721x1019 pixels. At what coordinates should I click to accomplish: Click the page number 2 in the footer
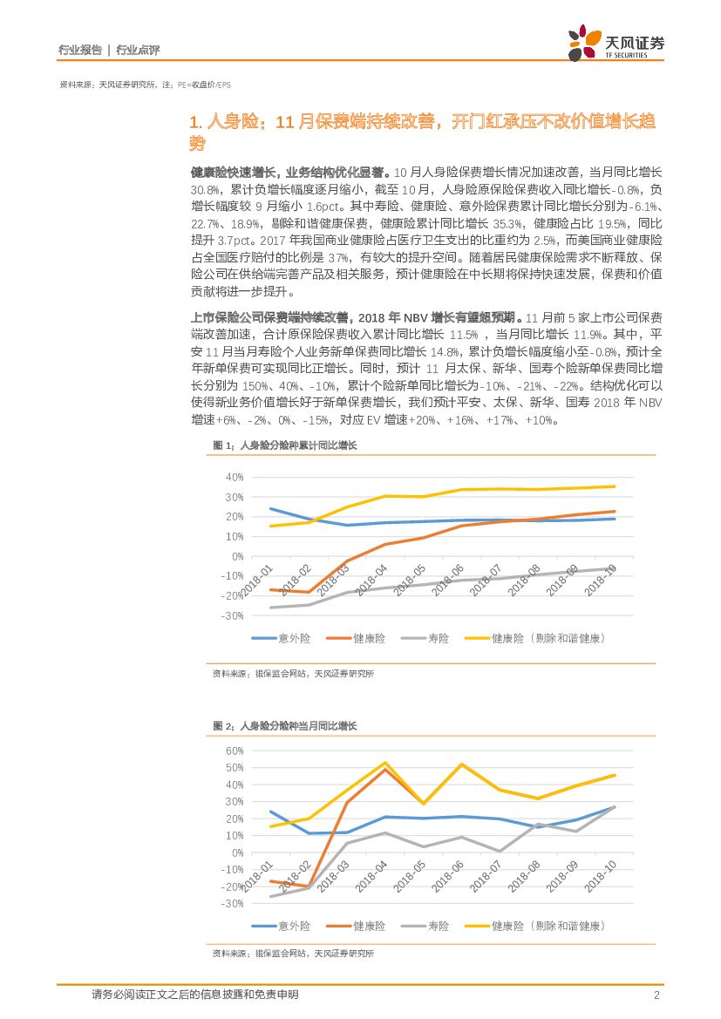pos(656,995)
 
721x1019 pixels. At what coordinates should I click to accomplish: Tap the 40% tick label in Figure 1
pos(234,478)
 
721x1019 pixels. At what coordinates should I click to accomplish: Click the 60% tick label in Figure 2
pos(234,751)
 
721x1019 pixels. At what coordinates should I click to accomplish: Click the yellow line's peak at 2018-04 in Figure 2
pos(385,763)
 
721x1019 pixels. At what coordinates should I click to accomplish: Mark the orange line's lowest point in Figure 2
pos(308,887)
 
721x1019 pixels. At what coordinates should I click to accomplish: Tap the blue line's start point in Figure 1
pos(270,509)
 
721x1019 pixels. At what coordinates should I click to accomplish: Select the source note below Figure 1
pos(293,674)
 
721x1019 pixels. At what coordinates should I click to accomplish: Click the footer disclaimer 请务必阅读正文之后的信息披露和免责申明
pos(194,995)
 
